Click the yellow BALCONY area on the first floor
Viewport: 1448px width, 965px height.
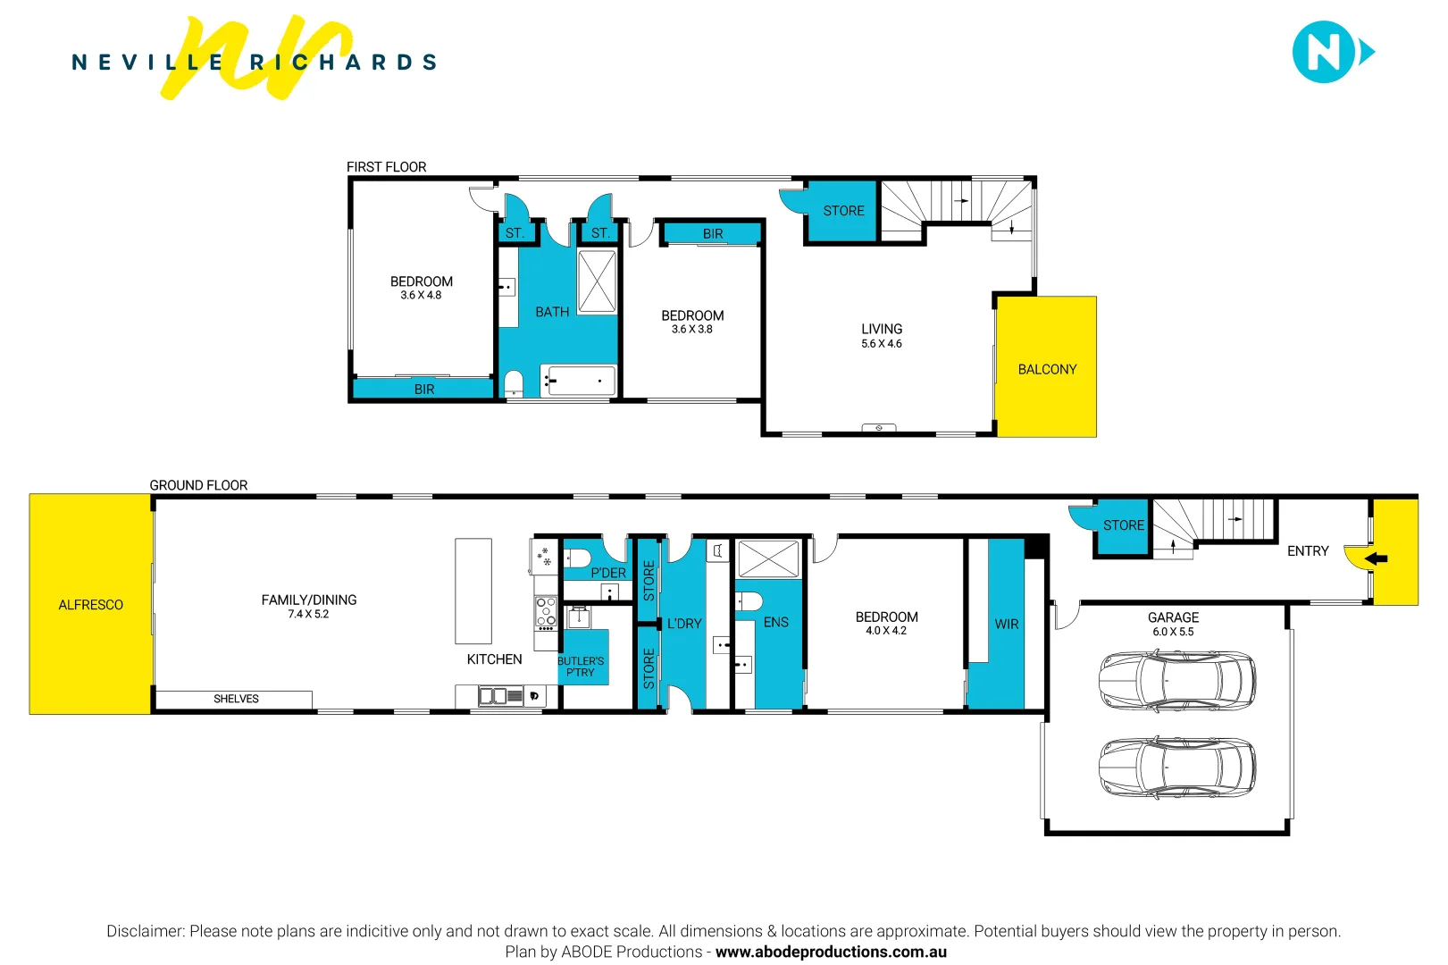tap(1047, 366)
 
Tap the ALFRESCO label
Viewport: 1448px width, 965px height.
tap(90, 605)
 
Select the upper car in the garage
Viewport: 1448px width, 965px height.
tap(1177, 681)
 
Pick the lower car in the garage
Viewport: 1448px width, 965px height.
tap(1177, 767)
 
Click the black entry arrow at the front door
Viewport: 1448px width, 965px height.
tap(1377, 558)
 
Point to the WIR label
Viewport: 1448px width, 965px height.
tap(1007, 625)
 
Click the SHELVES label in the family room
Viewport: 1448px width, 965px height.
tap(236, 699)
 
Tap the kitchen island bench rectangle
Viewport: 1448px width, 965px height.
tap(473, 592)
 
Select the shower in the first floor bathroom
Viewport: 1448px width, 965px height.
tap(597, 282)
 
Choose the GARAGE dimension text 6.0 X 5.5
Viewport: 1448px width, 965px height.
tap(1173, 632)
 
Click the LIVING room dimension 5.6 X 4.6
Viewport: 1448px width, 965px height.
tap(881, 343)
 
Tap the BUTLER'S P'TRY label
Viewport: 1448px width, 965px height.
tap(581, 667)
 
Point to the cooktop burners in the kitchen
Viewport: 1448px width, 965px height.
tap(546, 612)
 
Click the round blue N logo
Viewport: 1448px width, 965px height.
tap(1323, 52)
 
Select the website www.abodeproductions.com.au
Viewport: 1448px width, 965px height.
tap(831, 952)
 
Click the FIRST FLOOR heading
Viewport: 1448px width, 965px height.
tap(387, 167)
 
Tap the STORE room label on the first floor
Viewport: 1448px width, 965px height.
tap(843, 211)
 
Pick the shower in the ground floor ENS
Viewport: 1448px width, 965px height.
tap(768, 558)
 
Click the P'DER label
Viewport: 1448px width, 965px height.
tap(608, 573)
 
